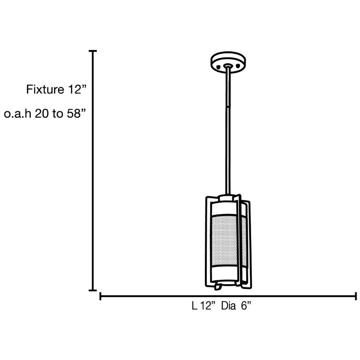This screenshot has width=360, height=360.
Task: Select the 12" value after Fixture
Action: [76, 89]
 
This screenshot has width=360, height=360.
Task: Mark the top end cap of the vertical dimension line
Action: [93, 51]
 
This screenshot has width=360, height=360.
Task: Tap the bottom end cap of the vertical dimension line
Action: [93, 290]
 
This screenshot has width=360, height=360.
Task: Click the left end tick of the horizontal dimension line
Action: [100, 296]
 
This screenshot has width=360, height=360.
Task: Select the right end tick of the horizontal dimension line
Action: [356, 296]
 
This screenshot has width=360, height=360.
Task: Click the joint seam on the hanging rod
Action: [228, 105]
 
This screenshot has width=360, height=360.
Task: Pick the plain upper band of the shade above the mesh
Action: [228, 210]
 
